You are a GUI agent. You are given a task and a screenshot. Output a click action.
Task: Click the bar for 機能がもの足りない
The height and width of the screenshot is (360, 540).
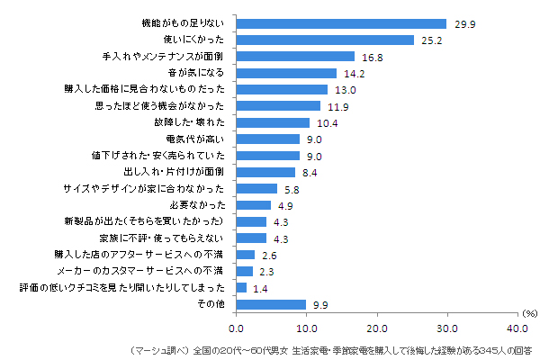click(342, 23)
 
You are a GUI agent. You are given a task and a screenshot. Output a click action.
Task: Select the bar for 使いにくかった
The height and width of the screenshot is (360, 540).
click(326, 40)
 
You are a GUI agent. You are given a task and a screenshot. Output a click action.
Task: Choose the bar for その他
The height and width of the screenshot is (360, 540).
click(272, 304)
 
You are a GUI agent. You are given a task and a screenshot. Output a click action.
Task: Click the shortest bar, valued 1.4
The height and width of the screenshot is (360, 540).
click(242, 288)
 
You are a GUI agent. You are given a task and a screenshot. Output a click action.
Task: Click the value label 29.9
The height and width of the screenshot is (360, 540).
click(463, 24)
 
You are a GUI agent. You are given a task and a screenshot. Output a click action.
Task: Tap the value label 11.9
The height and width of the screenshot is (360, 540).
click(337, 106)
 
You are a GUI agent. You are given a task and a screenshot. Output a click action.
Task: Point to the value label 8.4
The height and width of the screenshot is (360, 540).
click(310, 172)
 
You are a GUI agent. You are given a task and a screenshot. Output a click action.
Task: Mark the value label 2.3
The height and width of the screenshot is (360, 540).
click(268, 272)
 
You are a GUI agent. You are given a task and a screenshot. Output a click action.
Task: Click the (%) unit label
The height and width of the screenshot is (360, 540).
click(529, 314)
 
